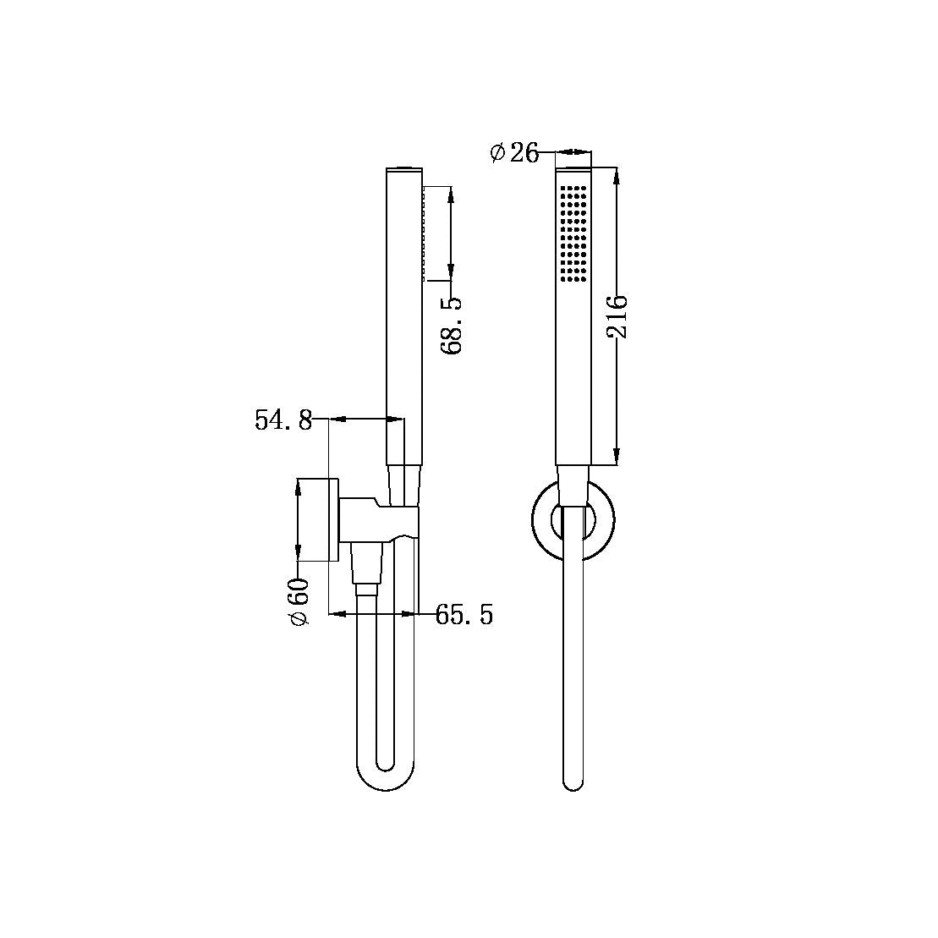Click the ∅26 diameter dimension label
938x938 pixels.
(514, 153)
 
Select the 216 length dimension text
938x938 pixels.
(617, 316)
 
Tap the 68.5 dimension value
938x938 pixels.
(452, 325)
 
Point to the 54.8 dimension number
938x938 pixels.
(283, 420)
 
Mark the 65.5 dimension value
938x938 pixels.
(464, 615)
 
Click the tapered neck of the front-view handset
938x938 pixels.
(572, 485)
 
